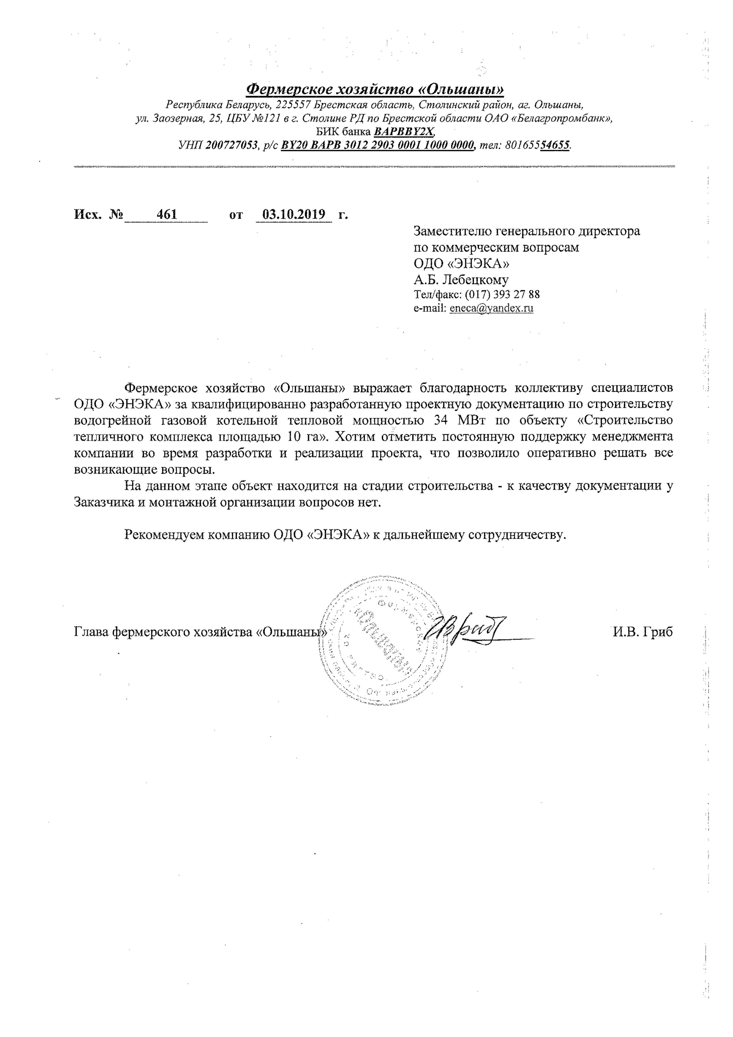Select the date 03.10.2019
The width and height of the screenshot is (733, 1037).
(294, 214)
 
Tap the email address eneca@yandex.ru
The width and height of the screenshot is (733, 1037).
(492, 309)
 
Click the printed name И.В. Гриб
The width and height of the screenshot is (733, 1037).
(643, 632)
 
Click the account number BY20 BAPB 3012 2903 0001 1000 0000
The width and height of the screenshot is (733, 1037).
(377, 145)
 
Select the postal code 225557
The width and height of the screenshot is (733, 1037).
(293, 105)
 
